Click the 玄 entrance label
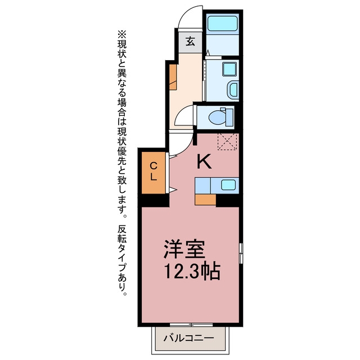coord(190,42)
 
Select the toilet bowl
coord(217,118)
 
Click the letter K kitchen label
coord(204,161)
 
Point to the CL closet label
coord(154,172)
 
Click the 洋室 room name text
coord(184,250)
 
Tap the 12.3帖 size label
coord(192,271)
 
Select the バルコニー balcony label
coord(189,338)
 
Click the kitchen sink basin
coord(228,185)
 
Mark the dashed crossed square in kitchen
coord(227,142)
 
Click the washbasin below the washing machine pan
coord(233,89)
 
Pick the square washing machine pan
coord(229,69)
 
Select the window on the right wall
coord(241,253)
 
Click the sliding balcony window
coord(191,325)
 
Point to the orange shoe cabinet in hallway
coord(173,77)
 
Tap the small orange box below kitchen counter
coord(205,200)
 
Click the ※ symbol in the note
coord(122,35)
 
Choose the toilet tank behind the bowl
coord(229,117)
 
